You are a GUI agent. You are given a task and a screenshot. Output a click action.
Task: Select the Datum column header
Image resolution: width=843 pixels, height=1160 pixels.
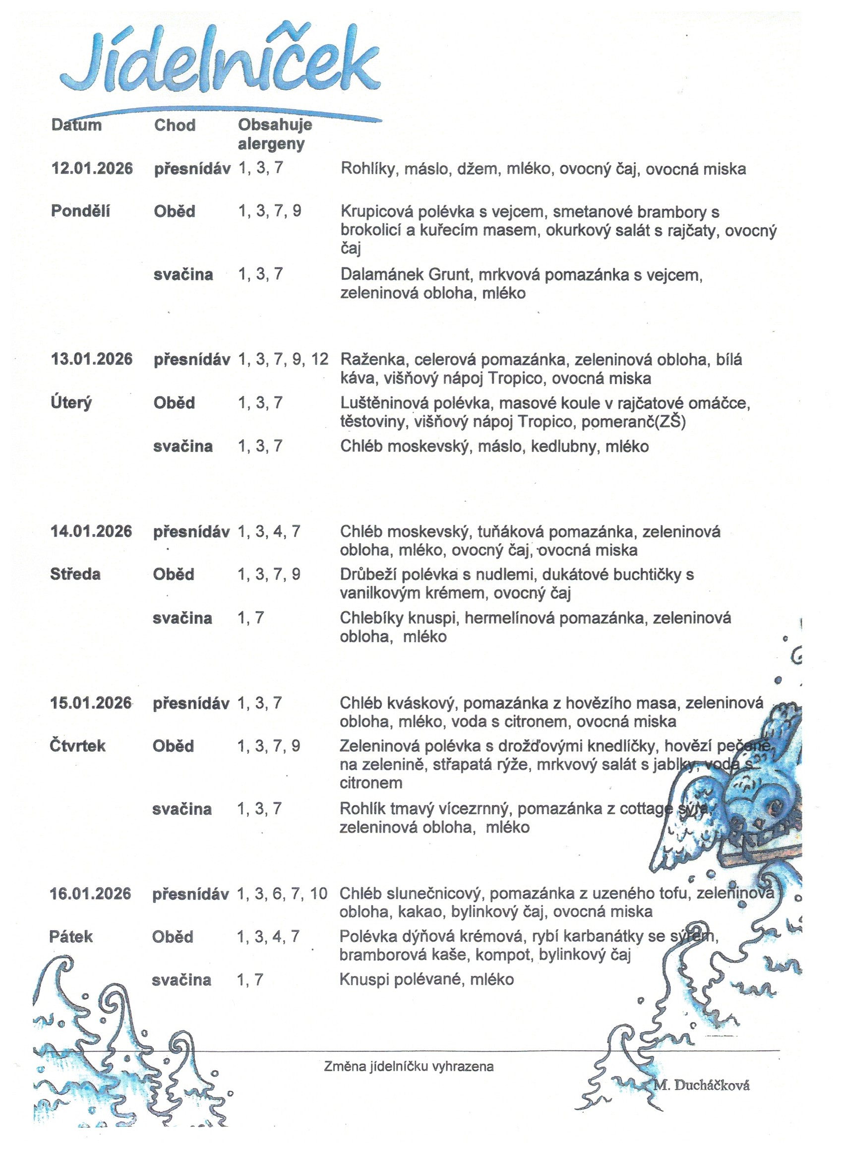[76, 125]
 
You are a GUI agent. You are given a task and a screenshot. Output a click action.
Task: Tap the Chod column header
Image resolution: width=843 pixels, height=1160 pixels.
[175, 125]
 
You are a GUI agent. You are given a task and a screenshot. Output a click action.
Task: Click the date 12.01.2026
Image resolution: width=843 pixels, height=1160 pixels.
[92, 168]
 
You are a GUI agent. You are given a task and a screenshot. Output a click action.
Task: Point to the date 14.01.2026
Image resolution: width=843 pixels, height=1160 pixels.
[91, 531]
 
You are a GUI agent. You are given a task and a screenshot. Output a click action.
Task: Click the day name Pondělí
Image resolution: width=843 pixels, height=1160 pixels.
[80, 211]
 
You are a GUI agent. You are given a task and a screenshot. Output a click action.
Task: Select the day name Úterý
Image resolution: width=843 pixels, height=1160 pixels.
[71, 402]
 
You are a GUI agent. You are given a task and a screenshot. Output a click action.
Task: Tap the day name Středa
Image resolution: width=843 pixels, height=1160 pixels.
[75, 575]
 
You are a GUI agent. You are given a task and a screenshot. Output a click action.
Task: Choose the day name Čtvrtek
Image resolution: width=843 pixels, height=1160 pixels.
[77, 746]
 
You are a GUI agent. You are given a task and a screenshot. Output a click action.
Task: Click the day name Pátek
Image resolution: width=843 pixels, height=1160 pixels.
[70, 937]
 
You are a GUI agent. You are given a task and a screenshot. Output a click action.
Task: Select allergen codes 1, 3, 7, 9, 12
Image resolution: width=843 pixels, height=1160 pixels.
[283, 359]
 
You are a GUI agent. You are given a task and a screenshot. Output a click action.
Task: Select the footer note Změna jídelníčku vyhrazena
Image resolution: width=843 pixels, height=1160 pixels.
[409, 1066]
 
